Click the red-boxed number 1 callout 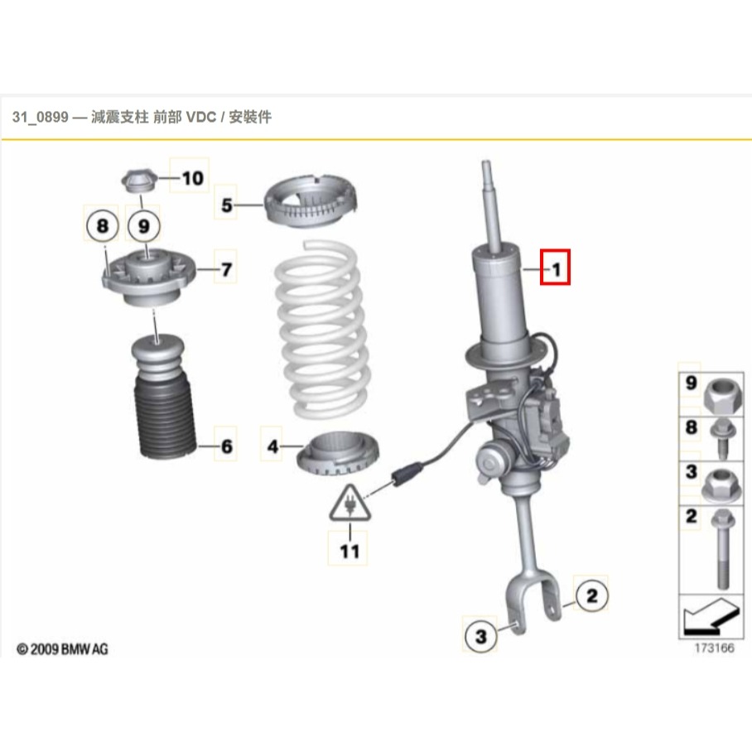pos(555,268)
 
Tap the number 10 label pos(190,177)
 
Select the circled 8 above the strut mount pos(102,224)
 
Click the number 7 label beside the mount pos(225,269)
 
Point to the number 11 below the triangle pos(349,550)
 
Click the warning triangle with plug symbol pos(349,502)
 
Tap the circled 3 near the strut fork pos(480,636)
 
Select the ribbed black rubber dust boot pos(160,418)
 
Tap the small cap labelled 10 pos(138,180)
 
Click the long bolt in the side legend pos(717,550)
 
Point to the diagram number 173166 pos(713,648)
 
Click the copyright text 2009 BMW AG pos(63,648)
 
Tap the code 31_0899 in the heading pos(38,118)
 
